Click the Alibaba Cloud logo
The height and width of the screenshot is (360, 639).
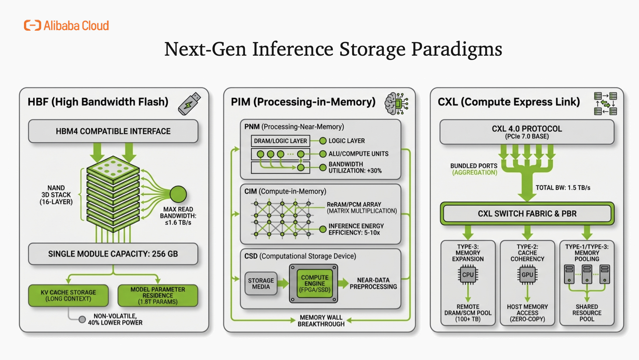[x=67, y=26]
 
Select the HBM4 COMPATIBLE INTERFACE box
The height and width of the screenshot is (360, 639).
[x=113, y=131]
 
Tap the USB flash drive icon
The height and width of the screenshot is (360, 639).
[x=189, y=104]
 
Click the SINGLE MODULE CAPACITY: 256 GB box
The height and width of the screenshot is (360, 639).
[x=113, y=254]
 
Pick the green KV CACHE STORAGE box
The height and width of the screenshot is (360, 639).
[x=68, y=295]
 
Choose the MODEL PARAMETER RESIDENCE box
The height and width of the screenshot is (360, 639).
[x=158, y=295]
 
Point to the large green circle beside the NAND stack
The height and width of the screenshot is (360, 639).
[x=178, y=194]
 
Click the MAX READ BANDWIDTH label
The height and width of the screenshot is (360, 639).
[x=178, y=216]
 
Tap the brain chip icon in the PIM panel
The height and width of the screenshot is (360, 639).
[x=396, y=104]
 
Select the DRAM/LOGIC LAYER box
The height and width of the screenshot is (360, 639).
[x=280, y=141]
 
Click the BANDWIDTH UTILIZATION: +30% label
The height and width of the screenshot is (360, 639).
[x=355, y=167]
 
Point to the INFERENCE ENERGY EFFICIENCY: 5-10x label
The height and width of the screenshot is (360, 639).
[x=356, y=229]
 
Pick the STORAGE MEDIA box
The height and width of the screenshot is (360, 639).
[x=261, y=284]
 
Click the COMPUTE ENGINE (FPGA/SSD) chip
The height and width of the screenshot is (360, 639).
[x=315, y=284]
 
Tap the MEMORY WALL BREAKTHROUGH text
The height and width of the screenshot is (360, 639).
[x=321, y=321]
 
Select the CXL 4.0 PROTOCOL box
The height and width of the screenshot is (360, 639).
[x=527, y=132]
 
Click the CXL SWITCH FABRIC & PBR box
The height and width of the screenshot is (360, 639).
[x=527, y=214]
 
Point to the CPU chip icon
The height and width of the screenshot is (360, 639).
[x=468, y=275]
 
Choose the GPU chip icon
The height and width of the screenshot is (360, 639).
[x=527, y=275]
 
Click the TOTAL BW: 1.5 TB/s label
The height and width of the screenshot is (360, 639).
[x=563, y=188]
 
